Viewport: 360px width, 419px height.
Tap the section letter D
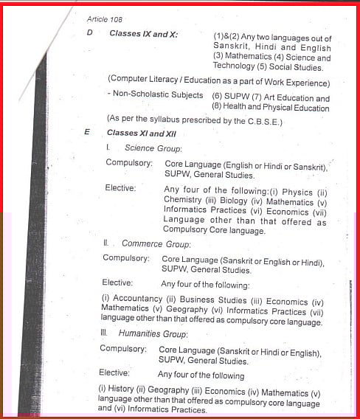(89, 34)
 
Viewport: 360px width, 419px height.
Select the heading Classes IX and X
(143, 34)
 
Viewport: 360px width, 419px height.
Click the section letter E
(87, 133)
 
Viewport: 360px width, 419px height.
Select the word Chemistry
(183, 199)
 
